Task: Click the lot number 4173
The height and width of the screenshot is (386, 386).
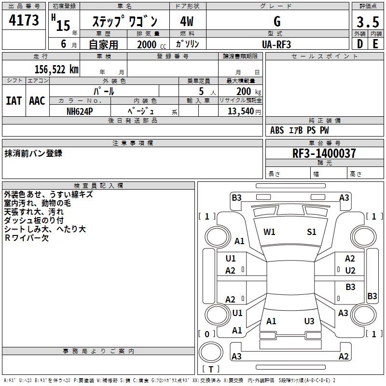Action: (x=24, y=22)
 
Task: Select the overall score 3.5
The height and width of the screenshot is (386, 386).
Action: (x=368, y=22)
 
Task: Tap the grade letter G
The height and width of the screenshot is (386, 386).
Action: (x=277, y=22)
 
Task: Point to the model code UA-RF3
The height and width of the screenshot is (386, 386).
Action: (x=276, y=44)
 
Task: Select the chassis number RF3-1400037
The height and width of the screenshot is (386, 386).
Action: (x=324, y=153)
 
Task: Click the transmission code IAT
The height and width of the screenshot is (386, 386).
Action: (x=14, y=101)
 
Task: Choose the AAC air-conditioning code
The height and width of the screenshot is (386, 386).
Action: (x=37, y=101)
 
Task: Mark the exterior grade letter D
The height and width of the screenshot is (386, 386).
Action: (x=359, y=44)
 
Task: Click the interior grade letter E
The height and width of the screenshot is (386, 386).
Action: (x=375, y=44)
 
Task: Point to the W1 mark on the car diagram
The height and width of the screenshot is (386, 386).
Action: (x=269, y=232)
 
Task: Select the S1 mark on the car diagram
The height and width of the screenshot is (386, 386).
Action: (x=312, y=232)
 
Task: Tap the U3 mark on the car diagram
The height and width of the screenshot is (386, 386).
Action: (x=309, y=321)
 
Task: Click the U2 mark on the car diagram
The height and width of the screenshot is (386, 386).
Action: (x=350, y=270)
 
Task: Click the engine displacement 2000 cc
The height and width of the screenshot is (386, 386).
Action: (x=148, y=44)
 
